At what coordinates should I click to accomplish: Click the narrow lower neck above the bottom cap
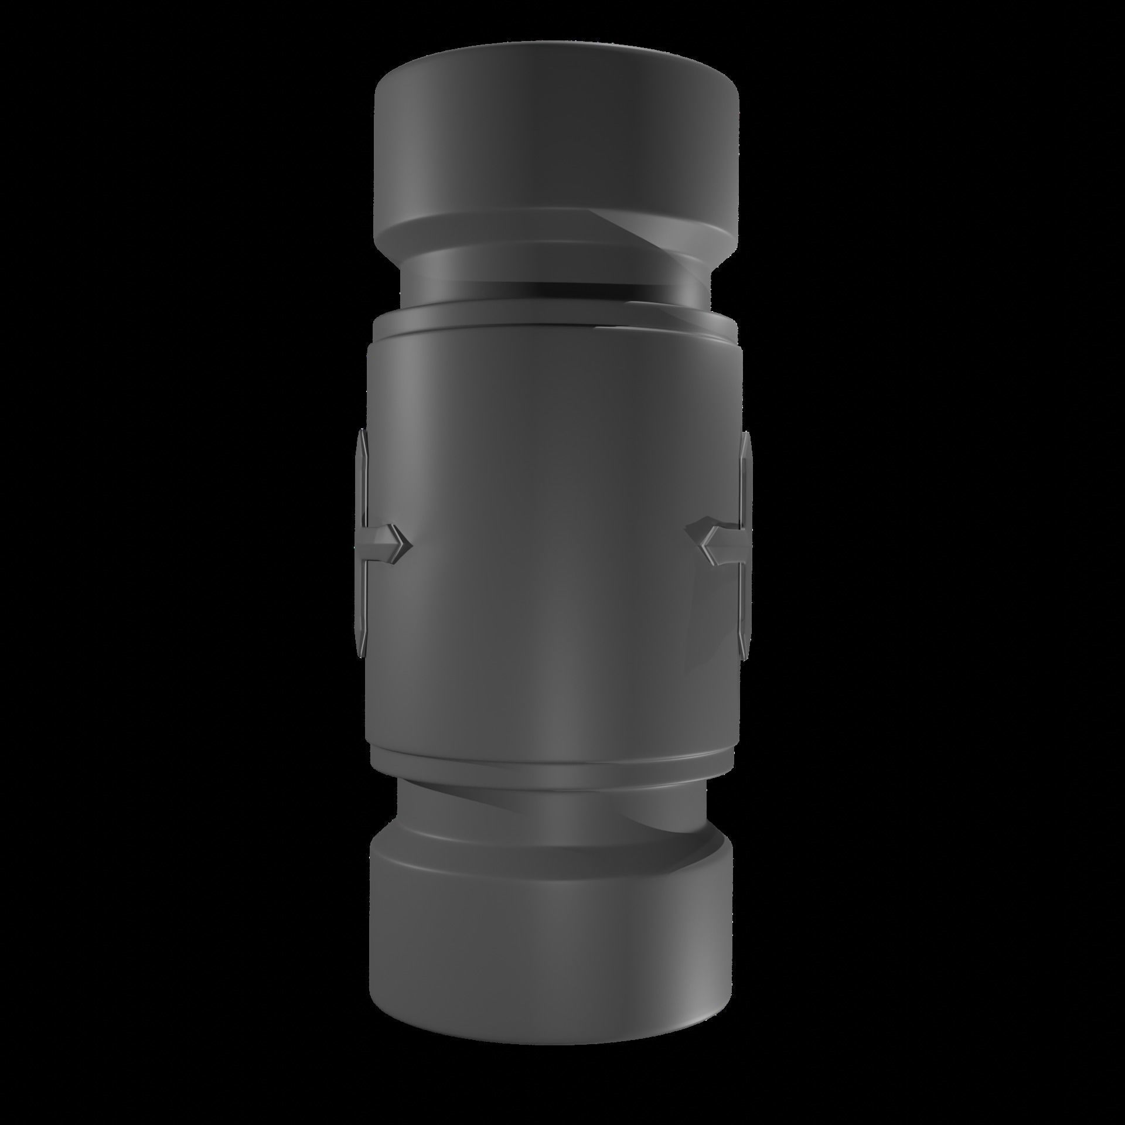click(551, 803)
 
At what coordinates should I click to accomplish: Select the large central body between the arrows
click(551, 545)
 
